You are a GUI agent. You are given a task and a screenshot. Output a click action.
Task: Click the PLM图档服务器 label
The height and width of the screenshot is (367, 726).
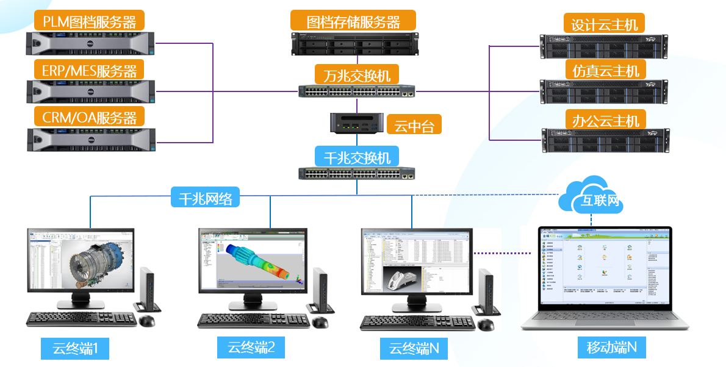point(90,22)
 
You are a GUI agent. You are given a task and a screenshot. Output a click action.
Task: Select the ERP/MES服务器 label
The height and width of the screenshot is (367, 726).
point(90,70)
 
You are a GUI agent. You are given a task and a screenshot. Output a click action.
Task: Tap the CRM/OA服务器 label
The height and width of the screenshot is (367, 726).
point(90,117)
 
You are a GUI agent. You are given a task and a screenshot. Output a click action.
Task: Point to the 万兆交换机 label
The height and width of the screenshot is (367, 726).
point(357,76)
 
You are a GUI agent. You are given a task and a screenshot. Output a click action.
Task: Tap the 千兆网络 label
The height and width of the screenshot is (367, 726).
point(205,198)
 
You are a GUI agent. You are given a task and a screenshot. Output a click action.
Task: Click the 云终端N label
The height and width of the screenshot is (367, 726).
point(414,349)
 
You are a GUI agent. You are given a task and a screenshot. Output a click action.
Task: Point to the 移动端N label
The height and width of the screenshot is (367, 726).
point(612,347)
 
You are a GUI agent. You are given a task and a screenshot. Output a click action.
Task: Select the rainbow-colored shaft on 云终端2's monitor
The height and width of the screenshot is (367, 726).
point(257,262)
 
